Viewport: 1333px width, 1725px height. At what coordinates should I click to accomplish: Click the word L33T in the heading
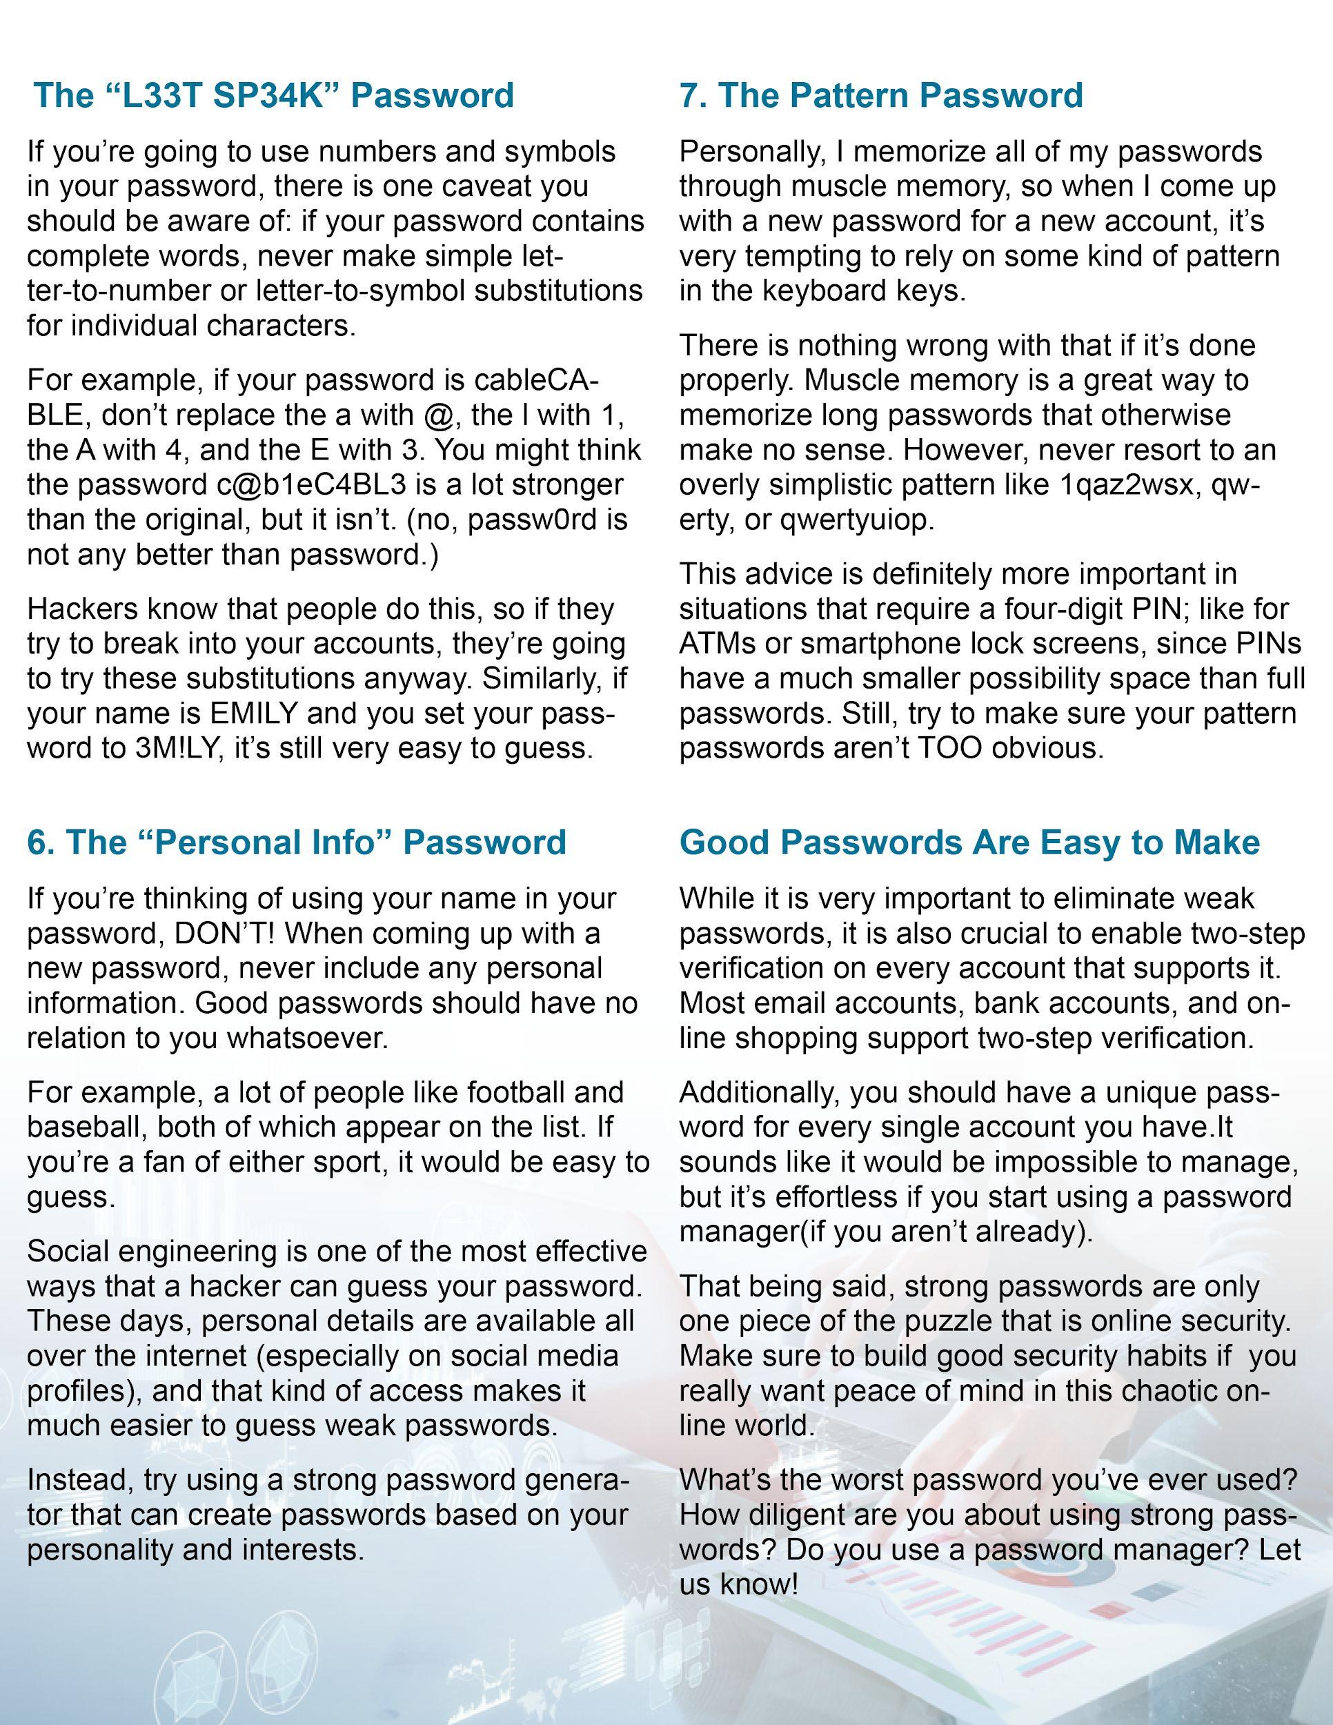click(x=164, y=96)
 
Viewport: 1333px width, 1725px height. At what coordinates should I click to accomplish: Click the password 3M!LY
click(x=168, y=748)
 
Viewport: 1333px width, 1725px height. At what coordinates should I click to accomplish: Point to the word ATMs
click(x=714, y=644)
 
